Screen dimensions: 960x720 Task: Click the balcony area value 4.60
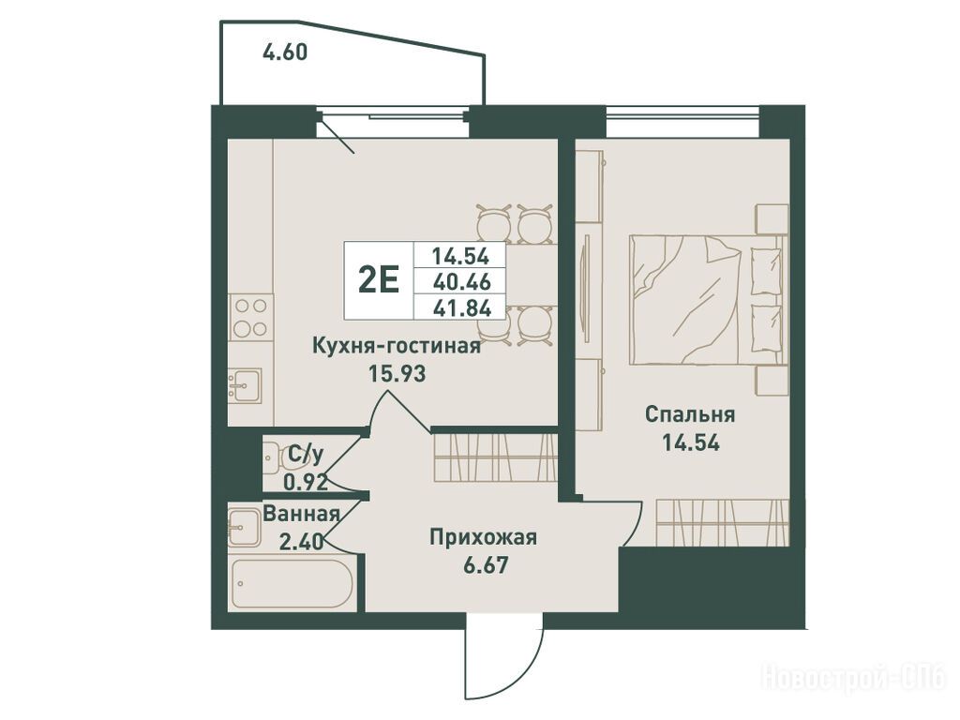tap(285, 52)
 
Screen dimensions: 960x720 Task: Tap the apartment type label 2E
tap(379, 281)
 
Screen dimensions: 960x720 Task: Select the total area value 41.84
tap(461, 307)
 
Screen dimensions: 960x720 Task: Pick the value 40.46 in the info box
tap(461, 281)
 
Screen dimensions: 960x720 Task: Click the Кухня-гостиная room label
tap(397, 347)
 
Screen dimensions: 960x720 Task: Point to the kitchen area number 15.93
tap(397, 373)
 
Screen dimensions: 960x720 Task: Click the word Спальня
tap(690, 415)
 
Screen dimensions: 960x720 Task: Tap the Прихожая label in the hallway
tap(483, 537)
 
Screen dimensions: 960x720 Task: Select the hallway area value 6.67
tap(486, 564)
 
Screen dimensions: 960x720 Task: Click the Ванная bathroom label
tap(301, 515)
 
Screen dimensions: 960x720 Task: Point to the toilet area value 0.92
tap(306, 483)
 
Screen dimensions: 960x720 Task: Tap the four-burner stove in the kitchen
tap(251, 317)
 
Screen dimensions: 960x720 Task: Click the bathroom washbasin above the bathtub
tap(245, 527)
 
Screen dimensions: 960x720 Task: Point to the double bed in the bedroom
tap(707, 300)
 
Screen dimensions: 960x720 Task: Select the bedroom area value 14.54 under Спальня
tap(691, 442)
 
